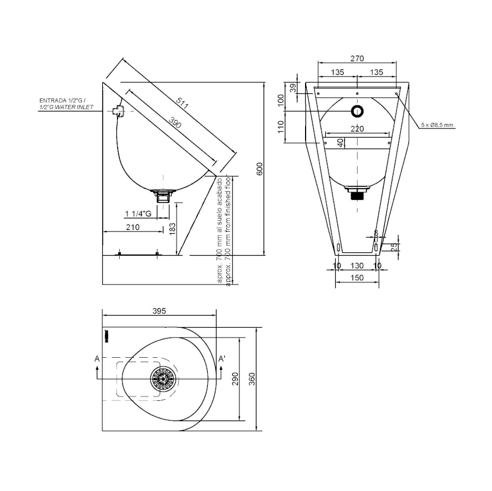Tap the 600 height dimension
tap(260, 169)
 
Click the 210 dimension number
tap(133, 227)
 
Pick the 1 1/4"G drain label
tap(139, 213)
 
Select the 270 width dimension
tap(357, 58)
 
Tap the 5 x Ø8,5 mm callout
tap(437, 125)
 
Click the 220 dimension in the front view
tap(357, 129)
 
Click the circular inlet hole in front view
tap(357, 111)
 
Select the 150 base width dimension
tap(357, 278)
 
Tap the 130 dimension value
tap(357, 265)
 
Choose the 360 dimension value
tap(252, 378)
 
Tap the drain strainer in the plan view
tap(163, 378)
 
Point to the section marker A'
tap(222, 359)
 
